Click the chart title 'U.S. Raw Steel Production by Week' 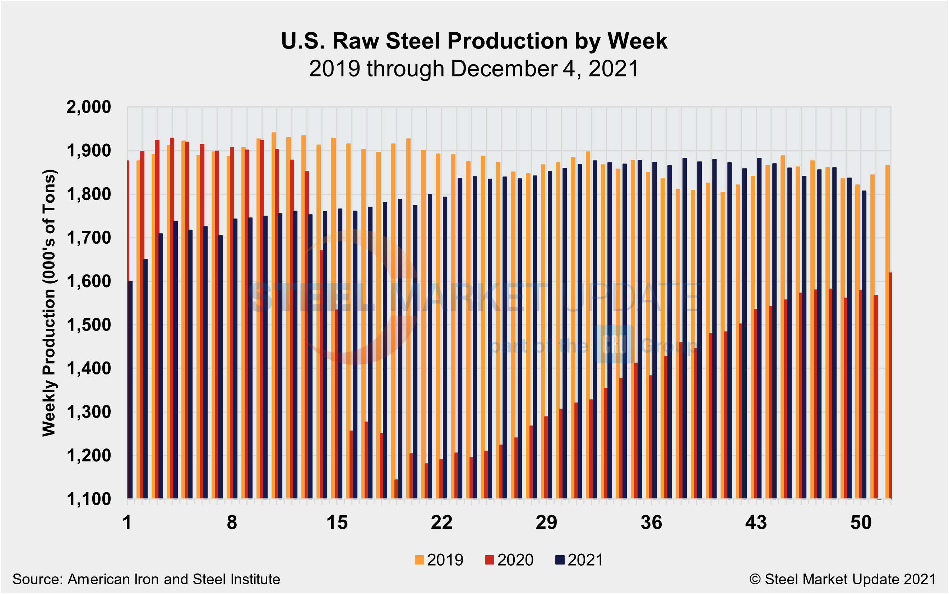click(x=474, y=41)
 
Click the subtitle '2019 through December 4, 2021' click(x=474, y=69)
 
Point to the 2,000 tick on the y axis click(x=89, y=107)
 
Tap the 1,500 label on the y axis click(x=89, y=325)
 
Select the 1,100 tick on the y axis click(x=89, y=499)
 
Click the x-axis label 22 click(x=442, y=522)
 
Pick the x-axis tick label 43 click(x=756, y=522)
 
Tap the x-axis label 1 click(x=127, y=522)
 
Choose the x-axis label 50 click(x=861, y=522)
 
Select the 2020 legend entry click(x=509, y=560)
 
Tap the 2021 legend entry click(x=579, y=560)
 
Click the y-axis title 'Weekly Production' click(x=50, y=303)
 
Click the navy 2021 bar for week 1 click(x=130, y=389)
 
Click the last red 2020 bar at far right click(x=890, y=385)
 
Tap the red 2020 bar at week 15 click(x=337, y=405)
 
